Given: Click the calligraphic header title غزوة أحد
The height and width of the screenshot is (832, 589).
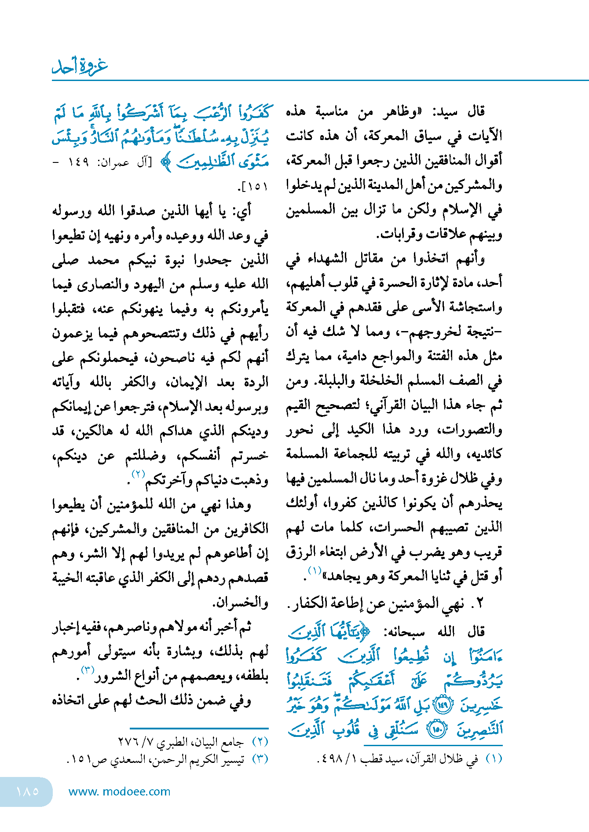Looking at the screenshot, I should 80,66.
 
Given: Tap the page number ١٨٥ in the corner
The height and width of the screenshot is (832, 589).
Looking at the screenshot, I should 27,791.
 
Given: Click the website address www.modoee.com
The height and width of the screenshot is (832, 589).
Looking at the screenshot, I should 119,792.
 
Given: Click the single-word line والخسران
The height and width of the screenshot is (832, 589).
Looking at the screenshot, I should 240,602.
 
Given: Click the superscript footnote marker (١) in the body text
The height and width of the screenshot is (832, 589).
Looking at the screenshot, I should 315,571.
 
